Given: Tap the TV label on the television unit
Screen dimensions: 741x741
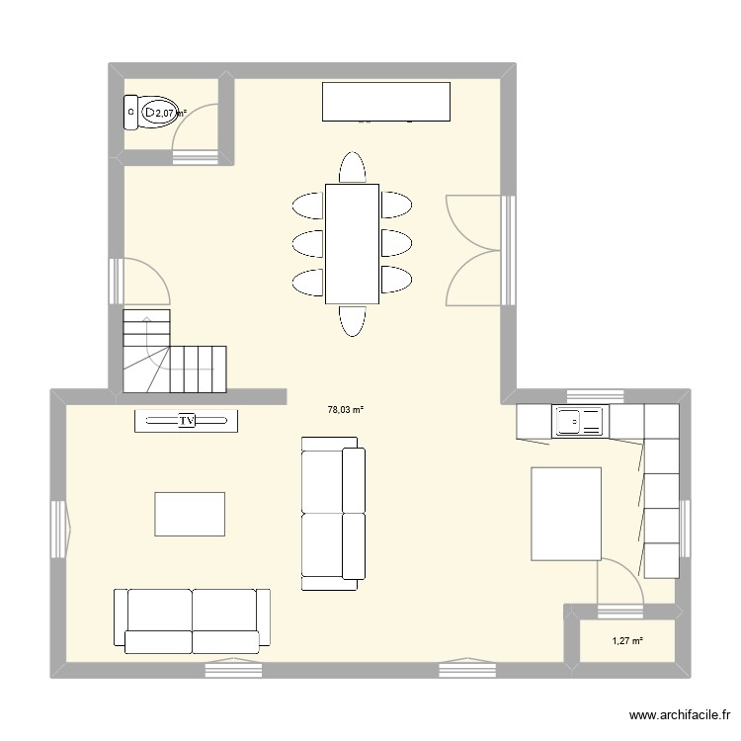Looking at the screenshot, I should click(x=186, y=421).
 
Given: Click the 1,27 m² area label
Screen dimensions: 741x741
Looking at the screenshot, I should click(x=627, y=641).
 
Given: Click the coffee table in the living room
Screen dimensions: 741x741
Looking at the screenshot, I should click(x=189, y=515).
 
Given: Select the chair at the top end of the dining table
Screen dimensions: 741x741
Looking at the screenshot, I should click(x=352, y=168).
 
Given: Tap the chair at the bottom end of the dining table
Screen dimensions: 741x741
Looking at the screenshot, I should click(x=352, y=320).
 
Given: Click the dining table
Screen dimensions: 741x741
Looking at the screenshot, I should click(x=352, y=243).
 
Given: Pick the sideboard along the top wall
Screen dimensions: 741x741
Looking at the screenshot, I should click(x=387, y=102).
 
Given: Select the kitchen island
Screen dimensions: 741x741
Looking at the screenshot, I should click(x=567, y=514).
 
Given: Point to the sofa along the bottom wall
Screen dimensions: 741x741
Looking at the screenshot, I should click(x=192, y=620).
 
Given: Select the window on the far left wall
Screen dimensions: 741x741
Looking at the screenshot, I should click(x=58, y=528).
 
